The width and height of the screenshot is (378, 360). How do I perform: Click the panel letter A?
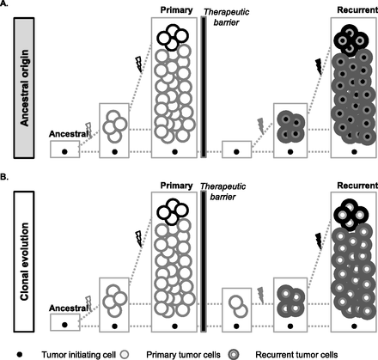point(6,6)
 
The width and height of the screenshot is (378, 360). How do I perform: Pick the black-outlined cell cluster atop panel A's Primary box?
point(175,35)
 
